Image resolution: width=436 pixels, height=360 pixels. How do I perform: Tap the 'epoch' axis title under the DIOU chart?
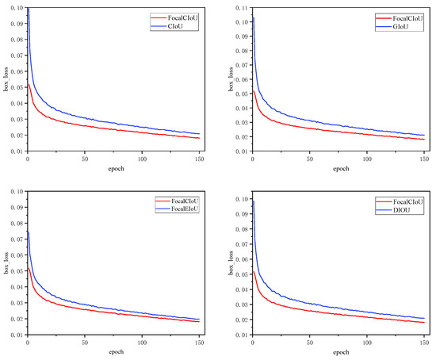click(x=342, y=352)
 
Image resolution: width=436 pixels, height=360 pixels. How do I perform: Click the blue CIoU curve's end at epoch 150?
click(x=199, y=134)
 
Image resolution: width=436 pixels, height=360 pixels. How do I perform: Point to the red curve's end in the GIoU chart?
click(x=424, y=140)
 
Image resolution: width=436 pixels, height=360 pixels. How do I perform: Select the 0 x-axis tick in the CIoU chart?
click(x=28, y=159)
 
